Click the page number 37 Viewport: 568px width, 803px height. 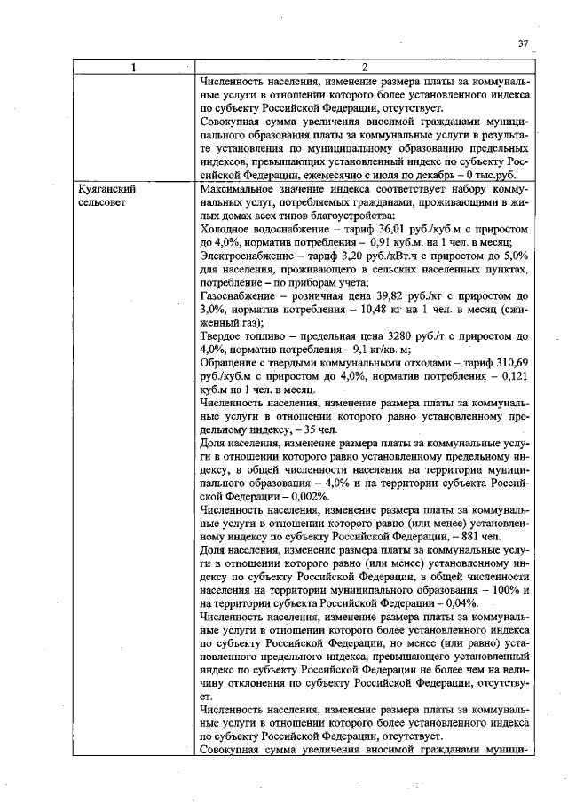pos(523,43)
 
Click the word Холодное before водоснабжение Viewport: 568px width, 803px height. pos(231,229)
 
